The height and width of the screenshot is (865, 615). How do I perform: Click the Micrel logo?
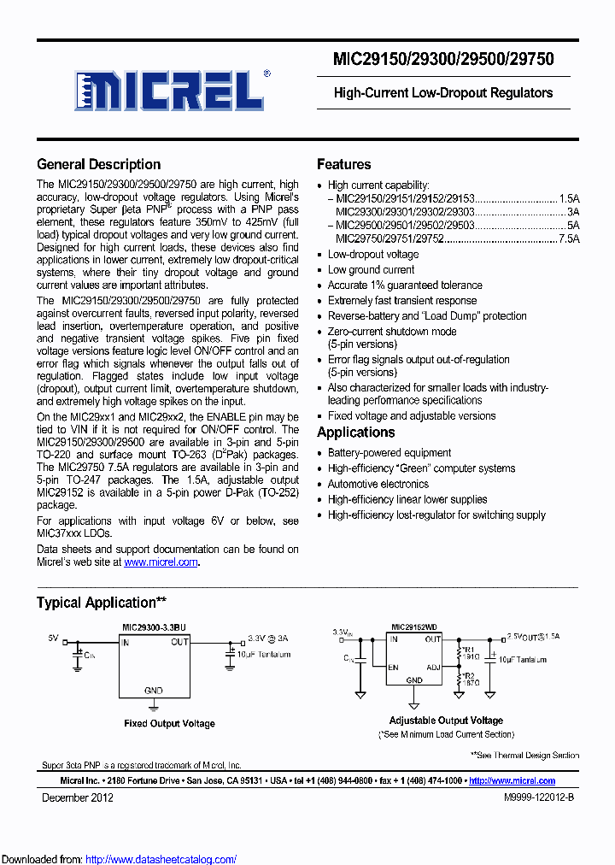tap(170, 88)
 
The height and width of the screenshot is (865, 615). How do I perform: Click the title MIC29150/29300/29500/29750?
tap(443, 59)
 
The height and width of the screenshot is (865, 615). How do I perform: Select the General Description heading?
tap(98, 165)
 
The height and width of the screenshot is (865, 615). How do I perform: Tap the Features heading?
tap(343, 165)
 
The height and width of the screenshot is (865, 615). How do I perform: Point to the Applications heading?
tap(355, 432)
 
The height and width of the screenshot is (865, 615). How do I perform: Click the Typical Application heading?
tap(101, 603)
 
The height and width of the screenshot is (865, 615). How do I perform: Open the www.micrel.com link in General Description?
tap(161, 562)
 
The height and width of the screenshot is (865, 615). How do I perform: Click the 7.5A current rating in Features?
tap(569, 240)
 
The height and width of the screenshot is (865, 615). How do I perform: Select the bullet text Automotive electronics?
tap(379, 484)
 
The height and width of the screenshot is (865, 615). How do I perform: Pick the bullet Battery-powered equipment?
tap(389, 453)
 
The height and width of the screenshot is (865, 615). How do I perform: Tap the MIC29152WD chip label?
tap(414, 627)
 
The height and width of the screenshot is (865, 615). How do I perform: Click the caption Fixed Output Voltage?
tap(169, 724)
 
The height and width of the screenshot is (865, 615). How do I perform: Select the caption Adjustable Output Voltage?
tap(446, 721)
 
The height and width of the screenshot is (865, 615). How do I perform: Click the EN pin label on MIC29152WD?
tap(394, 667)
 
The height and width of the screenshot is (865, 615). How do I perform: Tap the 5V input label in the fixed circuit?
tap(53, 638)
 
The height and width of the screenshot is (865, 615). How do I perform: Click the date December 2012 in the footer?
tap(78, 798)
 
